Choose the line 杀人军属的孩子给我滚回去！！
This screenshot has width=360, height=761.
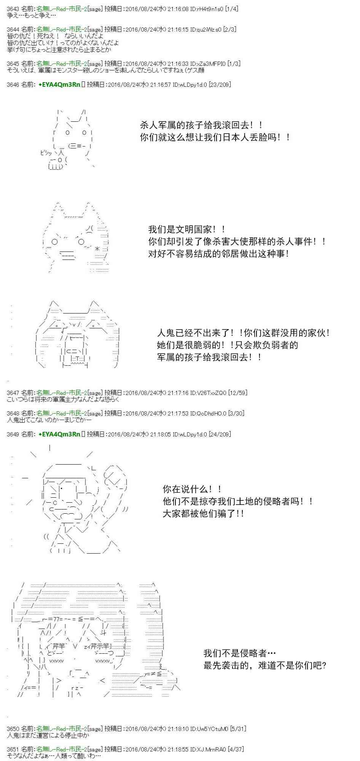pos(201,125)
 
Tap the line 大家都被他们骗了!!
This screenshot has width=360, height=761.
pos(204,514)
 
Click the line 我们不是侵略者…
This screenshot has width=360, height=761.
pos(240,653)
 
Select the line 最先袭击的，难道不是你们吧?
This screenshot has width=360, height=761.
pos(265,665)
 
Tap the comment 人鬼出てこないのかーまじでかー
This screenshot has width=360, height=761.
pos(49,420)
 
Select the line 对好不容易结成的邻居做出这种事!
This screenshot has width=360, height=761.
pos(219,254)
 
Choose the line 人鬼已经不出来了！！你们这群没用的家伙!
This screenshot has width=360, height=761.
pos(244,333)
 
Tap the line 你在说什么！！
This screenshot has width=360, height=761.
pos(193,489)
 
